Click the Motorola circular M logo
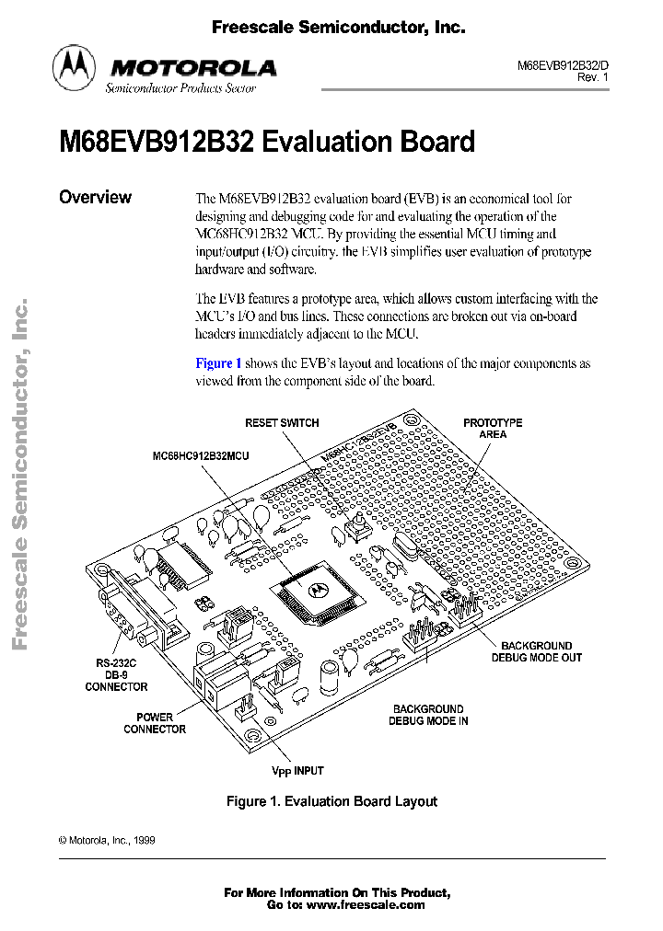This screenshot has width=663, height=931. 74,67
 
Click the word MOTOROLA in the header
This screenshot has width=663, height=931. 192,67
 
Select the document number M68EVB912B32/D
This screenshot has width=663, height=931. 563,66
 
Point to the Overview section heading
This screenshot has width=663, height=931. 95,197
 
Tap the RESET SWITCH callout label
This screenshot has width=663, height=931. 282,423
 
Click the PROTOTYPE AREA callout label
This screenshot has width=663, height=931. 493,429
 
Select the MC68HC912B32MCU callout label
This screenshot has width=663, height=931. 201,455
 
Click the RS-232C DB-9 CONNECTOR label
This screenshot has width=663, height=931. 116,673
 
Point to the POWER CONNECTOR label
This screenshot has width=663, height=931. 155,723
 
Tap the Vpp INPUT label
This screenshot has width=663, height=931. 297,771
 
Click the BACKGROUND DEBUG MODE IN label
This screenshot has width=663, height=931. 428,715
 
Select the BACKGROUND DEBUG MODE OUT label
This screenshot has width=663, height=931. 537,651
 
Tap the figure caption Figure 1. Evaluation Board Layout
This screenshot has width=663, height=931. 331,801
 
